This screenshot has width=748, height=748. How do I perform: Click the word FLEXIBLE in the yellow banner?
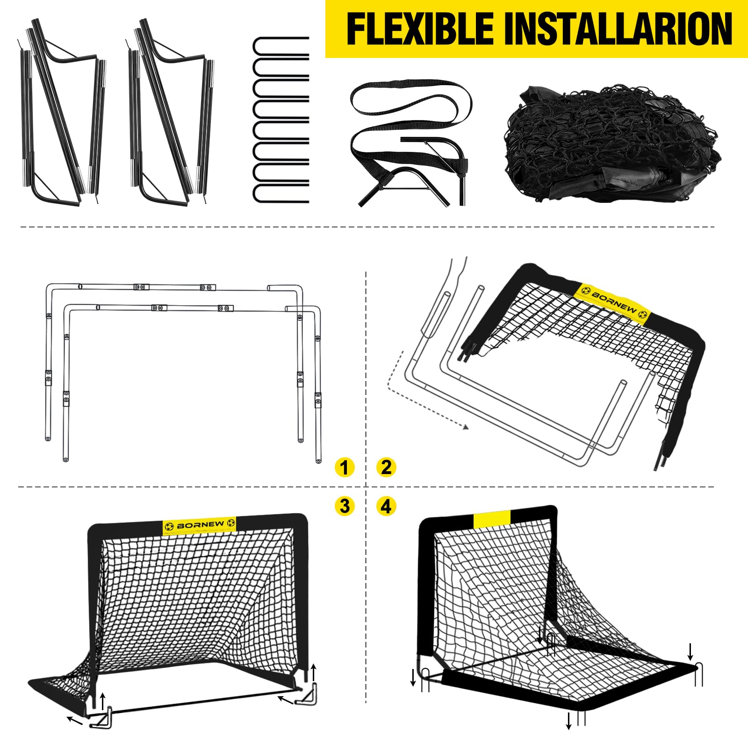click(420, 29)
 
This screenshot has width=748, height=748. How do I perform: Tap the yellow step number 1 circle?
click(345, 467)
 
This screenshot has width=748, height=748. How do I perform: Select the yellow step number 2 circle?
click(386, 467)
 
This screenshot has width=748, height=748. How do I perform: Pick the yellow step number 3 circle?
click(345, 506)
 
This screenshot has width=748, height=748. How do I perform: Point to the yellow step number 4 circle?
click(386, 506)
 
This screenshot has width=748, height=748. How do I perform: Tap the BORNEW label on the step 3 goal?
click(200, 525)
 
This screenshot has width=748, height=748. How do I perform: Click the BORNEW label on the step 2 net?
click(614, 303)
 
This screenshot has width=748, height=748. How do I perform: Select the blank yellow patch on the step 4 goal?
click(492, 519)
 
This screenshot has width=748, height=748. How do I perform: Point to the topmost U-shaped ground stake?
click(281, 46)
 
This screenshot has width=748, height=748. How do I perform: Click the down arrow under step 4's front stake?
click(568, 720)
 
